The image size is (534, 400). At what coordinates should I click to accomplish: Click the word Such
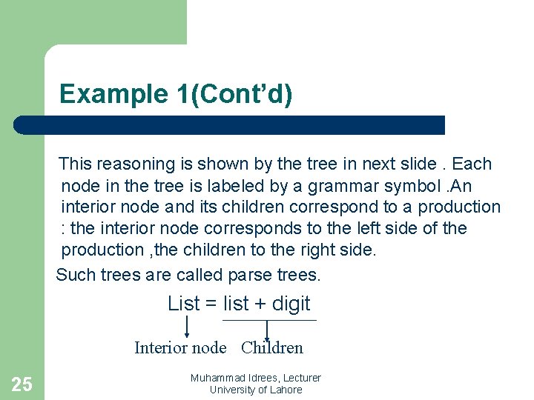[76, 276]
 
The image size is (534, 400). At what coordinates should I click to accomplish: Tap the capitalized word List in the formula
[184, 304]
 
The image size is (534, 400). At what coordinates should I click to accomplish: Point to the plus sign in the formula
[260, 304]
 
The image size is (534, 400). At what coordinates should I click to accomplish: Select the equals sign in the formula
[211, 304]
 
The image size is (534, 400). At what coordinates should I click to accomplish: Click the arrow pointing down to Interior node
[186, 327]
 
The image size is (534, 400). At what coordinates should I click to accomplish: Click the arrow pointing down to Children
[266, 330]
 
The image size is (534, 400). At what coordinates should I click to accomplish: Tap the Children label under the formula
[272, 347]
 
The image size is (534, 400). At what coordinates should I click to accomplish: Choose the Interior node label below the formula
[180, 347]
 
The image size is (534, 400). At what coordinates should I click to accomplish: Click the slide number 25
[22, 384]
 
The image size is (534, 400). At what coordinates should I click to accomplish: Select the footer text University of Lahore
[256, 390]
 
